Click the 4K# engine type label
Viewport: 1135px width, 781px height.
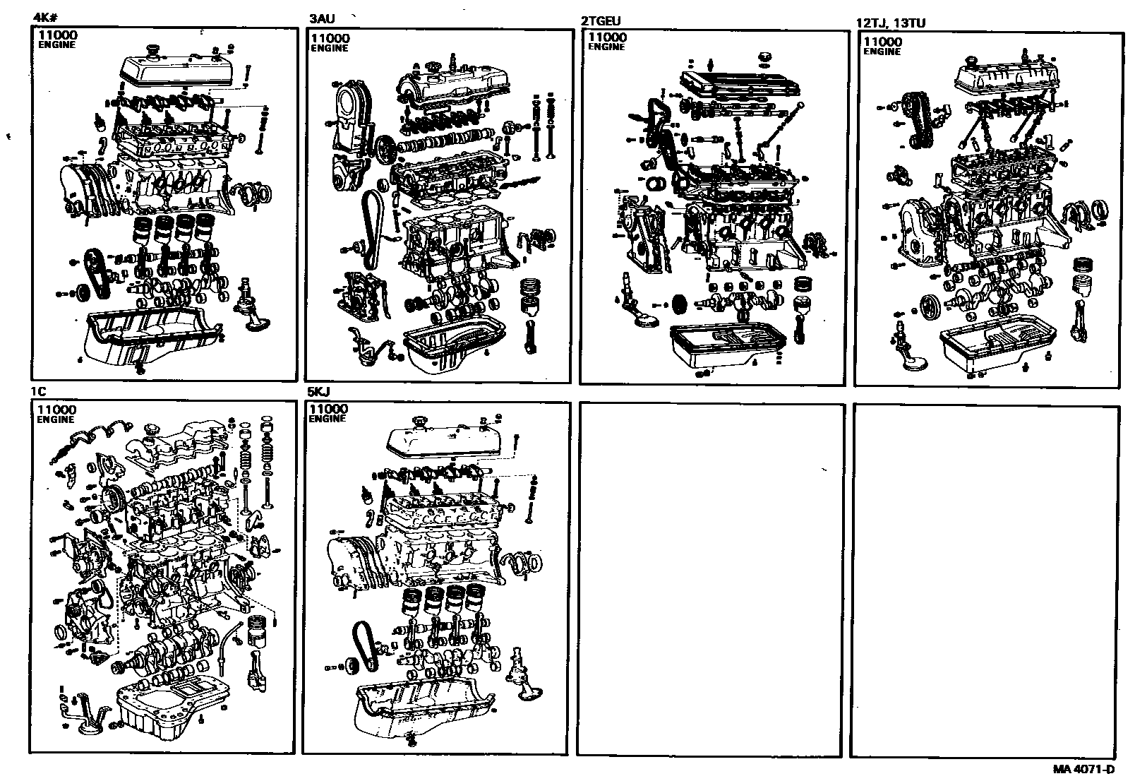pyautogui.click(x=44, y=20)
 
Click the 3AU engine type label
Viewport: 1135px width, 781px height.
pyautogui.click(x=322, y=20)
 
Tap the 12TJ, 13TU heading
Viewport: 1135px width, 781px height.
pyautogui.click(x=890, y=23)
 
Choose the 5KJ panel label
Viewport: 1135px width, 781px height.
pyautogui.click(x=318, y=391)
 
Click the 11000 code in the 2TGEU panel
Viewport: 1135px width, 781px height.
pyautogui.click(x=607, y=37)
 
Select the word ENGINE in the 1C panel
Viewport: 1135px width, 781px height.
pyautogui.click(x=56, y=419)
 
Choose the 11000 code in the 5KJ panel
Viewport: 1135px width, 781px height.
pyautogui.click(x=328, y=409)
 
